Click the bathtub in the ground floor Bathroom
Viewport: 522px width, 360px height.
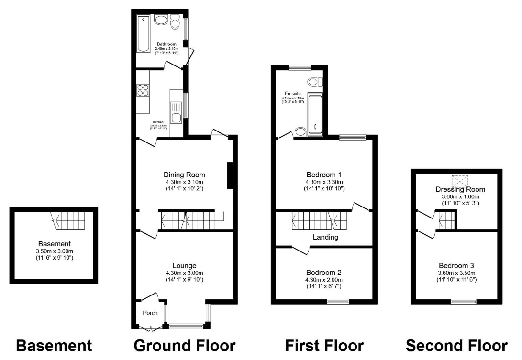click(x=143, y=33)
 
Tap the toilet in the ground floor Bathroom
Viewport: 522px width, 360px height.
click(x=175, y=22)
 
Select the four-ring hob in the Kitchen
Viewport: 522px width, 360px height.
click(x=143, y=90)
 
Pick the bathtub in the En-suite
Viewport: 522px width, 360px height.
click(x=315, y=113)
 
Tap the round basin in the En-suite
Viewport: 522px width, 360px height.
click(x=300, y=131)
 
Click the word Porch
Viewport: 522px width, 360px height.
click(x=151, y=313)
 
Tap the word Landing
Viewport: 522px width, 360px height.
click(x=325, y=237)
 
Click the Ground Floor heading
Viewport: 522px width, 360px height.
click(x=185, y=346)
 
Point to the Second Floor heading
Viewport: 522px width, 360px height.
click(x=456, y=346)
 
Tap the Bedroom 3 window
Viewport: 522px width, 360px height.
click(x=464, y=301)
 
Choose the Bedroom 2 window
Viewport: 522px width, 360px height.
click(x=338, y=301)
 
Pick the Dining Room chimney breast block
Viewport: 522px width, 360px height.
click(x=230, y=175)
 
